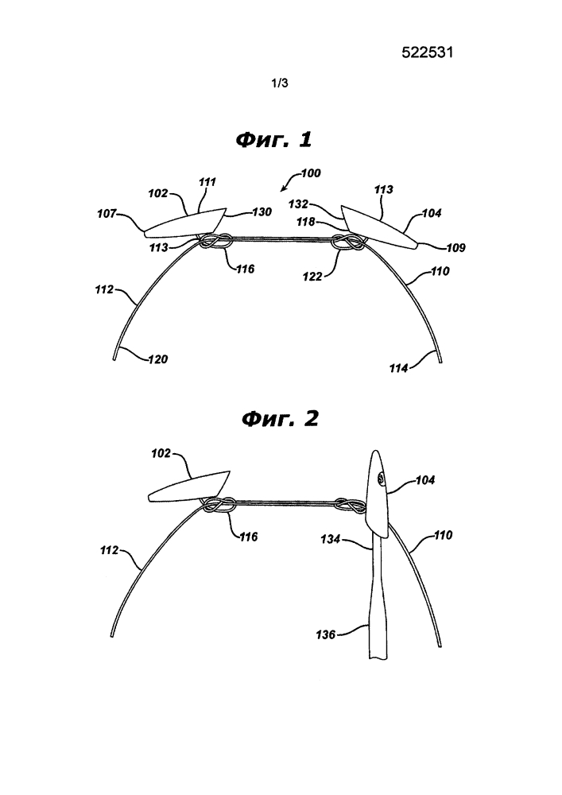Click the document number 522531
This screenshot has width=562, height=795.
427,52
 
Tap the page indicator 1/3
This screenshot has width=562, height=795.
280,83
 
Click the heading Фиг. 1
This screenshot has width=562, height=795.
273,139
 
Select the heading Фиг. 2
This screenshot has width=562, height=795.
281,419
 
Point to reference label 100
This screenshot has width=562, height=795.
311,173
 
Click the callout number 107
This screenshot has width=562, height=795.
107,214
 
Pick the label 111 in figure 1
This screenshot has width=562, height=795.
207,182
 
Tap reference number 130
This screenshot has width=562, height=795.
262,212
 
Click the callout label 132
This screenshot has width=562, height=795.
298,204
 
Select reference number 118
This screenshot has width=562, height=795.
305,222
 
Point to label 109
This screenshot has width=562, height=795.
455,248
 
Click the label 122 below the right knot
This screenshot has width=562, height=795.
312,277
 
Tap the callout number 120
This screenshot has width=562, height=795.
157,359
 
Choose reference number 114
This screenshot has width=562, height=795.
398,369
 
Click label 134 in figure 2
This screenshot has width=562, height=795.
330,540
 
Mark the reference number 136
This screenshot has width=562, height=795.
325,634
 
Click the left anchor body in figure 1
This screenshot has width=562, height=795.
184,223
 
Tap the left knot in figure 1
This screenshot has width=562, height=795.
215,242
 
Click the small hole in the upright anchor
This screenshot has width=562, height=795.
381,476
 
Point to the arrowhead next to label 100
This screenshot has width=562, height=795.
283,190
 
